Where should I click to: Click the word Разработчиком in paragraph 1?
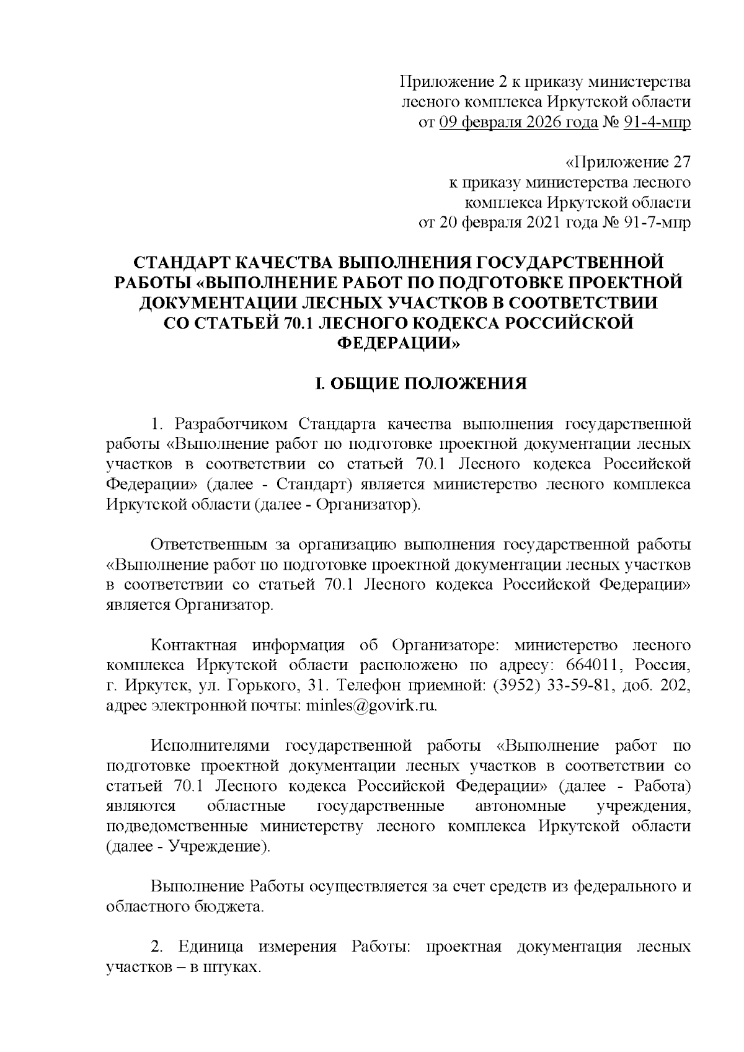[231, 425]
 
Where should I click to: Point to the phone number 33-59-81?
[580, 686]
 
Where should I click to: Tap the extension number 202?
[676, 686]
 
